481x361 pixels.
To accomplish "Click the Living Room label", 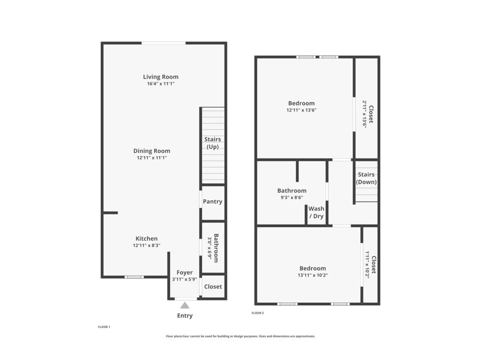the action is (160, 77).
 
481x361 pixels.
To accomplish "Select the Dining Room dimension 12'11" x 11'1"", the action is (152, 158).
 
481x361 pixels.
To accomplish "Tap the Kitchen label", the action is (147, 238).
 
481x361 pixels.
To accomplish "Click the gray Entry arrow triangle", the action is (185, 305).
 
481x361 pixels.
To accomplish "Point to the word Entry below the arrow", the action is (185, 316).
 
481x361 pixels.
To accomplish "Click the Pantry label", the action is (213, 202).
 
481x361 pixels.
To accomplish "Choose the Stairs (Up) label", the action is (213, 143).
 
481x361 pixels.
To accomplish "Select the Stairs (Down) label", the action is (366, 178).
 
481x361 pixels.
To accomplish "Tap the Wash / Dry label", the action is (316, 212).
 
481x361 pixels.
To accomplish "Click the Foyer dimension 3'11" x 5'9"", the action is (185, 279).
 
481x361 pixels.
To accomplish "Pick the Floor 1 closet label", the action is (213, 287).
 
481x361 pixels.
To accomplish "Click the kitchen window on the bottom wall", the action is (134, 277).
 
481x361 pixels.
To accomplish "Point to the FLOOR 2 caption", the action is (258, 313).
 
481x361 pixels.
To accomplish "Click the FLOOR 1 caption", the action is (104, 327).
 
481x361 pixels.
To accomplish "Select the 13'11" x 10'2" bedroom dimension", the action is (313, 275).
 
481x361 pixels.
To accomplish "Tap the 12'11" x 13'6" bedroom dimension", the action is (301, 110).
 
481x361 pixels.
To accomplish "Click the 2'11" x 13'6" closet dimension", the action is (365, 114).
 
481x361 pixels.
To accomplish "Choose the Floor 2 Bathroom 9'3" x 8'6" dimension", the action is (292, 197).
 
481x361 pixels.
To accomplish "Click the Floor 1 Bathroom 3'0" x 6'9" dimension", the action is (210, 248).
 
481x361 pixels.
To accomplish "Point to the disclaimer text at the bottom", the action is (240, 336).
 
